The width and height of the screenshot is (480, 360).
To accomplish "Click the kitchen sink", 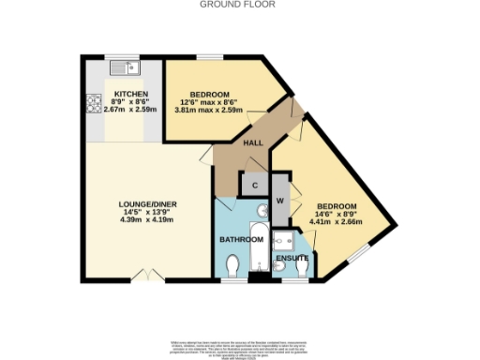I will pyautogui.click(x=123, y=67).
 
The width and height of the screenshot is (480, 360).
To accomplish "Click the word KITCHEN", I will pyautogui.click(x=130, y=95).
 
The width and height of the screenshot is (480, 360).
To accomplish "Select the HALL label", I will pyautogui.click(x=253, y=143).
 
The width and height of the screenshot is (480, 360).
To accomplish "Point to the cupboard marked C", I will pyautogui.click(x=255, y=185).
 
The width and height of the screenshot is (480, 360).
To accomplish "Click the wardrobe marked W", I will pyautogui.click(x=280, y=200).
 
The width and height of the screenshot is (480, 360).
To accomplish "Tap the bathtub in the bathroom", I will pyautogui.click(x=258, y=247).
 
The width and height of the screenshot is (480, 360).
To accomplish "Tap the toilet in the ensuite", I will pyautogui.click(x=301, y=269).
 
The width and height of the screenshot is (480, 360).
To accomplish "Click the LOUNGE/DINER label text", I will pyautogui.click(x=142, y=204).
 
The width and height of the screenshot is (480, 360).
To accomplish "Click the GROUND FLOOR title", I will pyautogui.click(x=240, y=5).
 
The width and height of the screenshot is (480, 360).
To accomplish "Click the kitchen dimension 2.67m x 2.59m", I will pyautogui.click(x=130, y=110).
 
